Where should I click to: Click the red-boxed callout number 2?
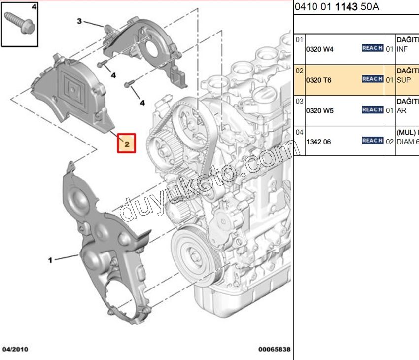coord(126,144)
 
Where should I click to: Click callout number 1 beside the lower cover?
coord(50,260)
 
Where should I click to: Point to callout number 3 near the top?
coord(79,21)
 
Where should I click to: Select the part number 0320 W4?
coord(320,49)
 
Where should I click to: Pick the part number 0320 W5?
coord(320,110)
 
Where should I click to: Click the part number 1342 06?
coord(319,141)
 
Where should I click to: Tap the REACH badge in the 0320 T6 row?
coord(372,79)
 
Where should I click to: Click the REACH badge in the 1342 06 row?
coord(372,141)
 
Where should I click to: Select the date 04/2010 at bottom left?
coord(15,349)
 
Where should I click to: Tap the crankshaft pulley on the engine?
coord(193,256)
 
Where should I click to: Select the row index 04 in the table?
coord(299,132)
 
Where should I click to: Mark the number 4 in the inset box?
coord(34,7)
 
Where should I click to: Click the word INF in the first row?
coord(402,49)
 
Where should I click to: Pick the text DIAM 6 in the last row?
coord(408,141)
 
